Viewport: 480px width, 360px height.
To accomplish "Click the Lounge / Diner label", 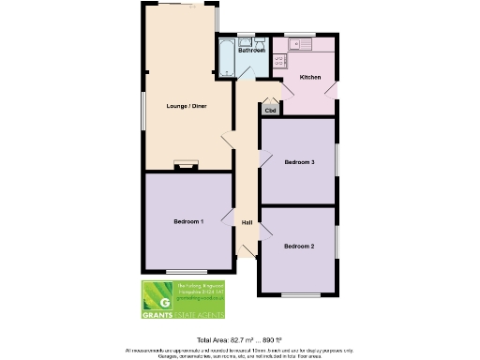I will tap(187, 106).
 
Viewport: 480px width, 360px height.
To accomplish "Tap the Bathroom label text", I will tap(250, 51).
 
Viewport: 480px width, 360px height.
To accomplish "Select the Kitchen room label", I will tap(310, 76).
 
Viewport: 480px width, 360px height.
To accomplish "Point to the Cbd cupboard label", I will tap(271, 110).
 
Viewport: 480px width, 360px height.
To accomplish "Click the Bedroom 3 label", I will tap(299, 162).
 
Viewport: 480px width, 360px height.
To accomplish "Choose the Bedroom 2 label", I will tap(299, 246).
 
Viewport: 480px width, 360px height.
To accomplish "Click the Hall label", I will tap(247, 222).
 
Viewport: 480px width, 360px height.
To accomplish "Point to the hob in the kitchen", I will tap(278, 60).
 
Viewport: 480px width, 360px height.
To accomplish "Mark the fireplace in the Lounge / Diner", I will tap(183, 165).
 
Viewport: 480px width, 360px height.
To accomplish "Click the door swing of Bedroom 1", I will tap(228, 217).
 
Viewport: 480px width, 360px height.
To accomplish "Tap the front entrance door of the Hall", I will tap(247, 251).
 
